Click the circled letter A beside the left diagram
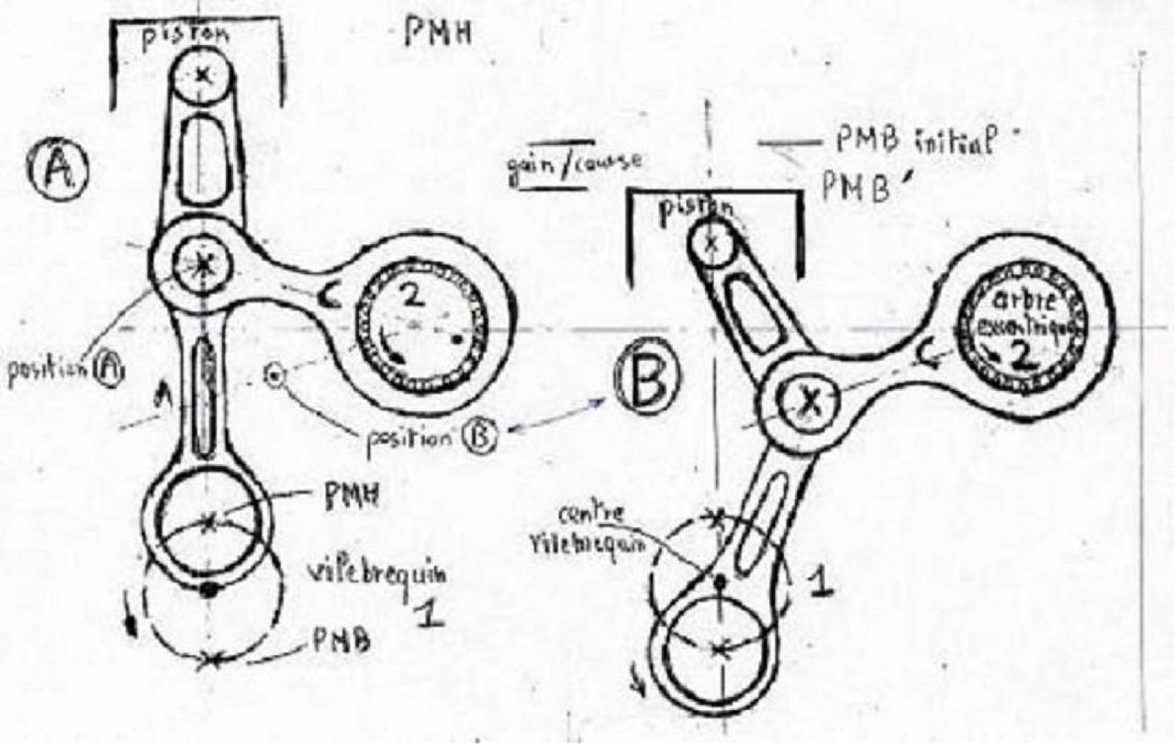(x=62, y=172)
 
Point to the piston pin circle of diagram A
(x=203, y=78)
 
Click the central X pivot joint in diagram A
(x=203, y=264)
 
